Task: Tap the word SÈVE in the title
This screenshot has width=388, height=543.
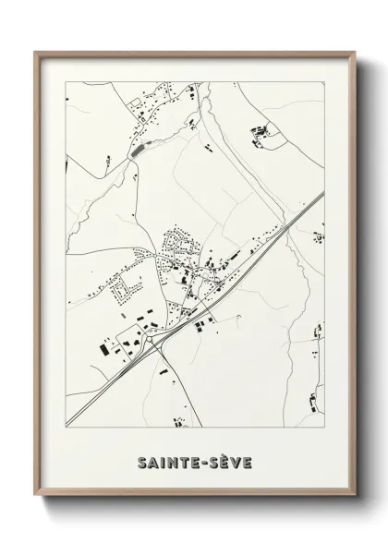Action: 229,461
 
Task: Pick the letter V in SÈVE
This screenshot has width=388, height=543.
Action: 236,461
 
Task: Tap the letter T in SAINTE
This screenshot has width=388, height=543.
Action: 180,461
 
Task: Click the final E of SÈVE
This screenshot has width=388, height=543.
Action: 248,461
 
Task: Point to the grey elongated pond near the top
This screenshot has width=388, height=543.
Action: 139,148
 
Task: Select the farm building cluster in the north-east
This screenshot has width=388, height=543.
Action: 259,135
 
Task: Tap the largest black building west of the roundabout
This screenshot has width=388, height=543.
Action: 103,347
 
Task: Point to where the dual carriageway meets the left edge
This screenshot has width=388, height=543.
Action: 67,420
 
